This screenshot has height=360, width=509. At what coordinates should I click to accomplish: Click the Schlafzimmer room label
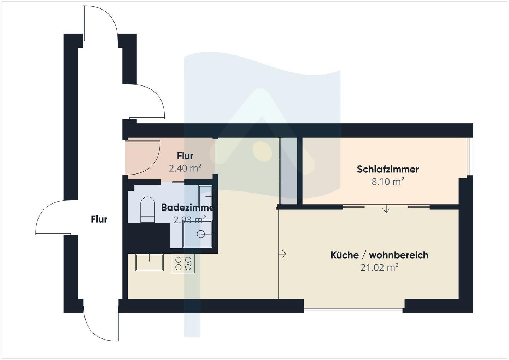click(388, 169)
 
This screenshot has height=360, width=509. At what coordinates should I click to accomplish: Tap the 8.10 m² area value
click(388, 182)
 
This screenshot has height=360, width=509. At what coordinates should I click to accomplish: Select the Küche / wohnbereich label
click(379, 255)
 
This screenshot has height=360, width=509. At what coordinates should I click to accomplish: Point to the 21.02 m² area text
click(379, 267)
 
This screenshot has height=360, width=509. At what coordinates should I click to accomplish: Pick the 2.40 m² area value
click(185, 168)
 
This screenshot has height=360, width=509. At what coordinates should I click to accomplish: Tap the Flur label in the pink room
click(185, 156)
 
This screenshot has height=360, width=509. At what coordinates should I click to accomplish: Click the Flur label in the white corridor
click(99, 219)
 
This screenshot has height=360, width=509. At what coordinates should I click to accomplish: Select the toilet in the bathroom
click(148, 209)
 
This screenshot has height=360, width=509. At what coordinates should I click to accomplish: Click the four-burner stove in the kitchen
click(183, 264)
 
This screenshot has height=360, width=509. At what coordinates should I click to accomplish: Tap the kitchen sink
click(149, 262)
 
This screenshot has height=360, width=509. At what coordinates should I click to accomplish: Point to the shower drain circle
click(201, 234)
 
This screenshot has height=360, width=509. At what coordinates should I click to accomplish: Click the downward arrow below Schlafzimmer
click(386, 208)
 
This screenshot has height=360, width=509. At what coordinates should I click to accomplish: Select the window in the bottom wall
click(353, 310)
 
